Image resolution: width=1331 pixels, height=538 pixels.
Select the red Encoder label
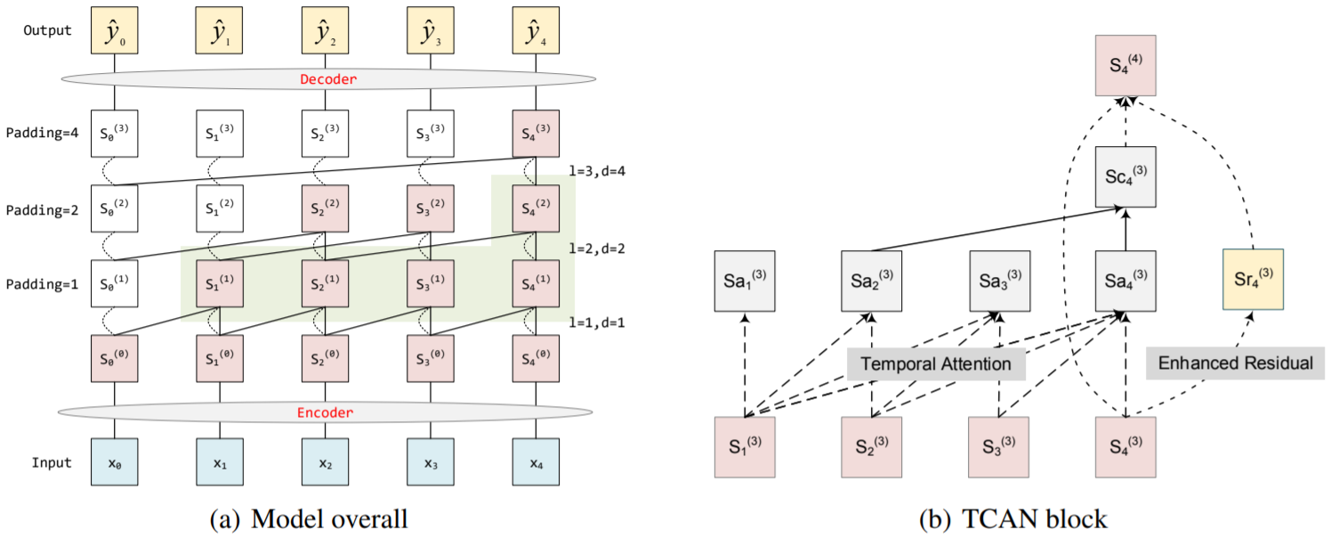point(324,412)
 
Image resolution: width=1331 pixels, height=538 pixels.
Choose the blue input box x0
point(114,463)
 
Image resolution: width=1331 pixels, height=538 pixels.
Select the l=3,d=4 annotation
point(596,171)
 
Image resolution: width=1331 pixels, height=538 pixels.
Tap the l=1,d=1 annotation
point(596,322)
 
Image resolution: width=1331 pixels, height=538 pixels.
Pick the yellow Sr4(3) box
point(1253,280)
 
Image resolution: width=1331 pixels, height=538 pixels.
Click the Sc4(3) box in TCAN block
point(1125,177)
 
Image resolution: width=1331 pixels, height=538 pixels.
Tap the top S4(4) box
point(1125,65)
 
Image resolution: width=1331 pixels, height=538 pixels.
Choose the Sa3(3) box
point(999,280)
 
